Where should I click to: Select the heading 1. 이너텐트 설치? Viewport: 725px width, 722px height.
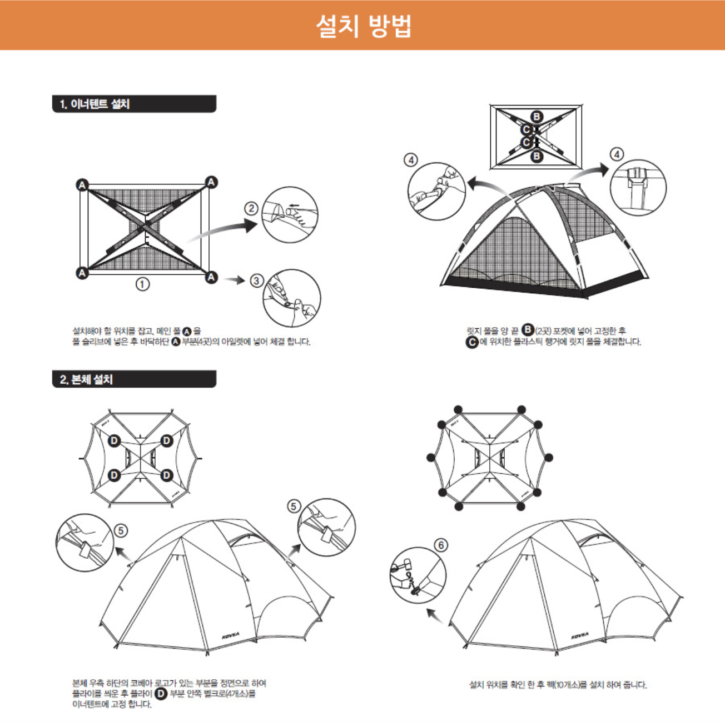coord(95,104)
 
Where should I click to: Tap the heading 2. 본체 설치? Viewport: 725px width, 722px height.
coord(87,379)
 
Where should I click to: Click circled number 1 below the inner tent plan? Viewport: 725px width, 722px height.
coord(143,284)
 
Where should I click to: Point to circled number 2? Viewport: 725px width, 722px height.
coord(251,208)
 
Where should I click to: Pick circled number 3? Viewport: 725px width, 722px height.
coord(256,280)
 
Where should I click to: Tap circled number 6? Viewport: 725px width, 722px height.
coord(441,545)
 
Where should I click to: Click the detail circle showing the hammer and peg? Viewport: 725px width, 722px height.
coord(418,575)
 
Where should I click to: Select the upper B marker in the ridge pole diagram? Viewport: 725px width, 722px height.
coord(537,117)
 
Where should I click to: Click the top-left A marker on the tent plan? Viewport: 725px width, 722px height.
coord(82,184)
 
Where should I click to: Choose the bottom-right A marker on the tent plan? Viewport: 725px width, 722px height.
coord(211,277)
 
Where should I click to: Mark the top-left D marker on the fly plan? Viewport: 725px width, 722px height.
coord(114,441)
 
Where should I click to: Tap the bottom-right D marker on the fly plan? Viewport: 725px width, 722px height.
coord(167,475)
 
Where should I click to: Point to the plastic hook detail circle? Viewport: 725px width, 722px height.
coord(638,187)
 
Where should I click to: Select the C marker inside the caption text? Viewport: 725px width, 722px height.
coord(472,342)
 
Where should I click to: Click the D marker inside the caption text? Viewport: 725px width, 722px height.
coord(161,694)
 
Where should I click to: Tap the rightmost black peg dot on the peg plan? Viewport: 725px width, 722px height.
coord(549,458)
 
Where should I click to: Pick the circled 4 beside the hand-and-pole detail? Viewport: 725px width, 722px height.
coord(410,160)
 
